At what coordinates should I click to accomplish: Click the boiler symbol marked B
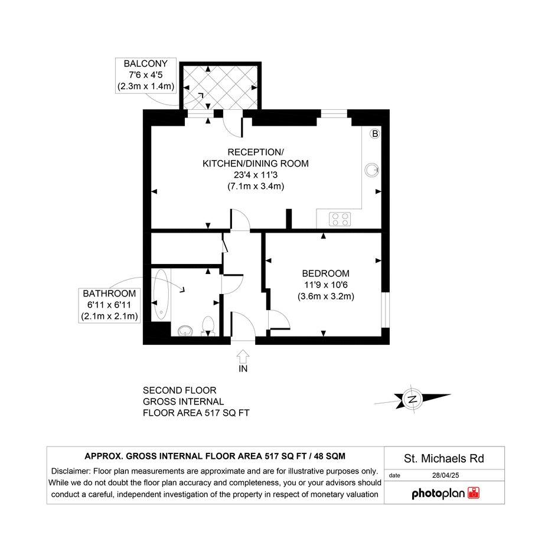pos(375,134)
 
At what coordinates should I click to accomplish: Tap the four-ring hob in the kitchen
pos(340,219)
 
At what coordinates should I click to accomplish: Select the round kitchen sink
pos(372,170)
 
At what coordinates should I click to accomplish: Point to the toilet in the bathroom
pos(208,326)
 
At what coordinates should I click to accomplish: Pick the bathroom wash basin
pos(185,331)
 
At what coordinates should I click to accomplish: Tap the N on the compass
pos(413,399)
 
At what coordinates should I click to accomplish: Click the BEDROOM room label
pos(325,273)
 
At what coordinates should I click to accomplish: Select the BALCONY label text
pos(145,63)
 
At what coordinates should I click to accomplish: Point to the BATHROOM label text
pos(109,293)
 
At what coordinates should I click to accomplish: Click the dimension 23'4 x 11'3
pos(256,175)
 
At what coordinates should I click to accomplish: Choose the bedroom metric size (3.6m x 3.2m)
pos(325,296)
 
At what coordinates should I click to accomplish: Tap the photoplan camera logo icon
pos(474,493)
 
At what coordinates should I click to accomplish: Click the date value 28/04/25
pos(446,475)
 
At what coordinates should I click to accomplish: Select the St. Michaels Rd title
pos(444,458)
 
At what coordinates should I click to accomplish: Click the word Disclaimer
pos(70,471)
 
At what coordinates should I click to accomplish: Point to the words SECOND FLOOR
pos(180,390)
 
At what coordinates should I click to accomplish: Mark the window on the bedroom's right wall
pos(386,309)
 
